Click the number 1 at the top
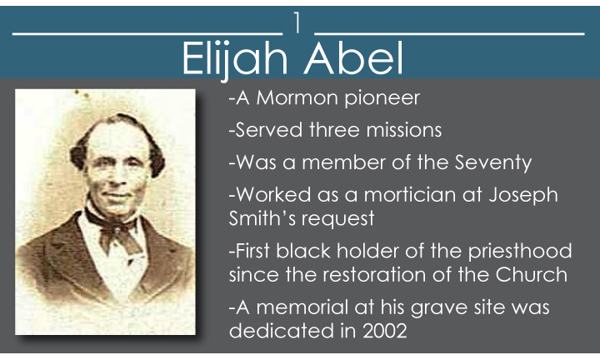point(297,22)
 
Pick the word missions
point(403,130)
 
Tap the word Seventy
point(492,163)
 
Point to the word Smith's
point(262,218)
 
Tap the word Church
point(531,275)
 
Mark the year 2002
point(385,332)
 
